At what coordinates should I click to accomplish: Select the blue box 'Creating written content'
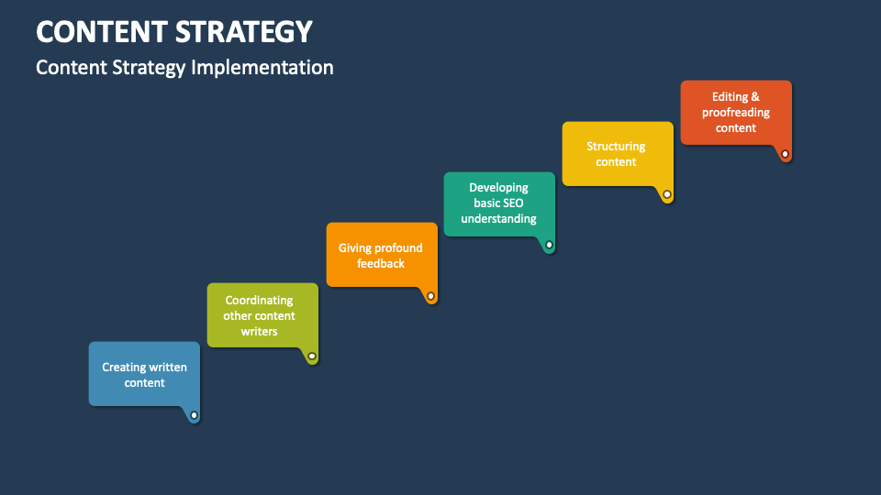pos(144,374)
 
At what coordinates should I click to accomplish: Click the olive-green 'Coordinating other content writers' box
pos(262,314)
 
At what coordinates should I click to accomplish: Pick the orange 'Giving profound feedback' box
pos(381,254)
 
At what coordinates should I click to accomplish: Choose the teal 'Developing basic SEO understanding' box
pos(499,203)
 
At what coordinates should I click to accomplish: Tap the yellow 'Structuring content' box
pos(617,153)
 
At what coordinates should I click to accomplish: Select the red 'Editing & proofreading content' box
pos(735,112)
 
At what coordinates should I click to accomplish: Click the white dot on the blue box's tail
pos(194,415)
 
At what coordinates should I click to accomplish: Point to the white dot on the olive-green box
pos(312,356)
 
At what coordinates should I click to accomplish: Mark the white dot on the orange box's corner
pos(430,296)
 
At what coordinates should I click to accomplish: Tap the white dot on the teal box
pos(549,245)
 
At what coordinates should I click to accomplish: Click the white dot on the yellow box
pos(667,194)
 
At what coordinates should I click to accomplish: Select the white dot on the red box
pos(785,153)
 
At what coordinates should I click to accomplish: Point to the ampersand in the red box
pos(755,96)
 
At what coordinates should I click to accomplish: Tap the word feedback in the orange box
pos(381,263)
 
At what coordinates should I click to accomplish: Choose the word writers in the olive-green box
pos(260,331)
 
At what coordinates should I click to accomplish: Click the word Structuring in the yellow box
pos(616,146)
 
